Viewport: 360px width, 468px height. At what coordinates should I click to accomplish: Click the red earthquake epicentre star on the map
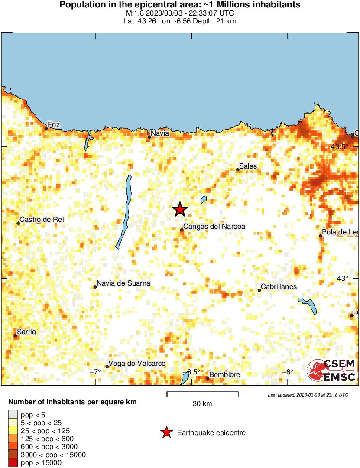tap(180, 210)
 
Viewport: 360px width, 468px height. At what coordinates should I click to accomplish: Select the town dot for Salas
tap(238, 169)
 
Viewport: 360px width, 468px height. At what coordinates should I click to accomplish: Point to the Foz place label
tap(53, 124)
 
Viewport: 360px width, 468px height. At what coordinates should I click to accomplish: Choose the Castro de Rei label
tap(42, 220)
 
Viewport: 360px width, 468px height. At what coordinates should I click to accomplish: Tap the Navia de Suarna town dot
tap(95, 287)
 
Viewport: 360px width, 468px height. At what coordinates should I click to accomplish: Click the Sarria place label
tap(26, 332)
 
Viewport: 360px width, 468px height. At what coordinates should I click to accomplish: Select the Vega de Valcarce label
tap(137, 364)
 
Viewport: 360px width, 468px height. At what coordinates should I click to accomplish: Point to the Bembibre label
tap(224, 374)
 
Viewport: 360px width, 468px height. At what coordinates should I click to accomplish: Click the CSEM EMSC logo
tap(331, 370)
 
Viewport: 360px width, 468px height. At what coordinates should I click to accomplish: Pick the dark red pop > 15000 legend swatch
tap(13, 462)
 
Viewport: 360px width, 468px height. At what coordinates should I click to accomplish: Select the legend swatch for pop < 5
tap(13, 415)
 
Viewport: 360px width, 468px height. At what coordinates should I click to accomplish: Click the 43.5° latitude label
tap(339, 147)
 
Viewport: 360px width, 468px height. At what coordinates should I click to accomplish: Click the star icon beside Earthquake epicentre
tap(166, 432)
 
